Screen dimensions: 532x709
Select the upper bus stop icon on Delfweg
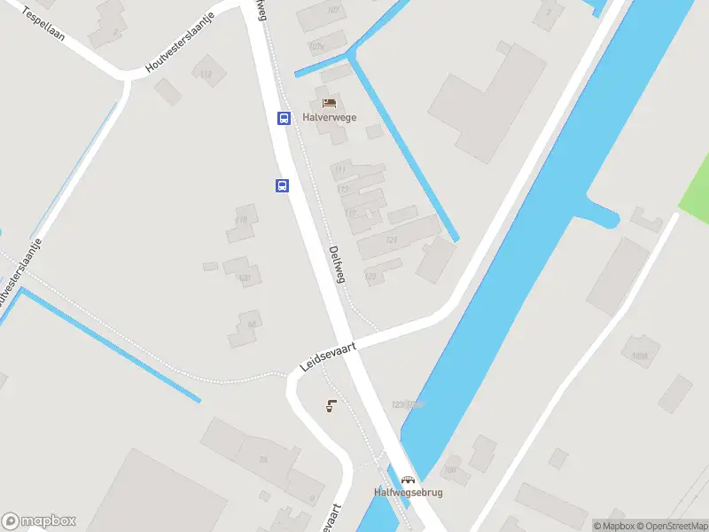(x=284, y=118)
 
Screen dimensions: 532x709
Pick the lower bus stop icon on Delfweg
(x=282, y=185)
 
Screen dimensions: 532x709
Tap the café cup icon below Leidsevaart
(x=331, y=407)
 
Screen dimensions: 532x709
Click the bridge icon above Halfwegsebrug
(x=409, y=480)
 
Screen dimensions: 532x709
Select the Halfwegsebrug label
(x=407, y=493)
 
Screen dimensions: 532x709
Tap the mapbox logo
(x=39, y=521)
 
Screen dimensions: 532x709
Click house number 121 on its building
(x=392, y=240)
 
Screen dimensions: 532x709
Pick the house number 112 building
(x=206, y=74)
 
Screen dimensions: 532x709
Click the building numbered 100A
(x=641, y=356)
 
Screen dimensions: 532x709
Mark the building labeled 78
(x=262, y=459)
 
